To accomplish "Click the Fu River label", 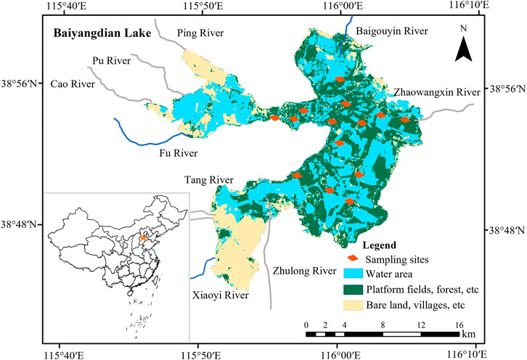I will (x=179, y=152).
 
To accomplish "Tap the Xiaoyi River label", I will (x=221, y=295).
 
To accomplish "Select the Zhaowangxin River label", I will (x=437, y=92).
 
